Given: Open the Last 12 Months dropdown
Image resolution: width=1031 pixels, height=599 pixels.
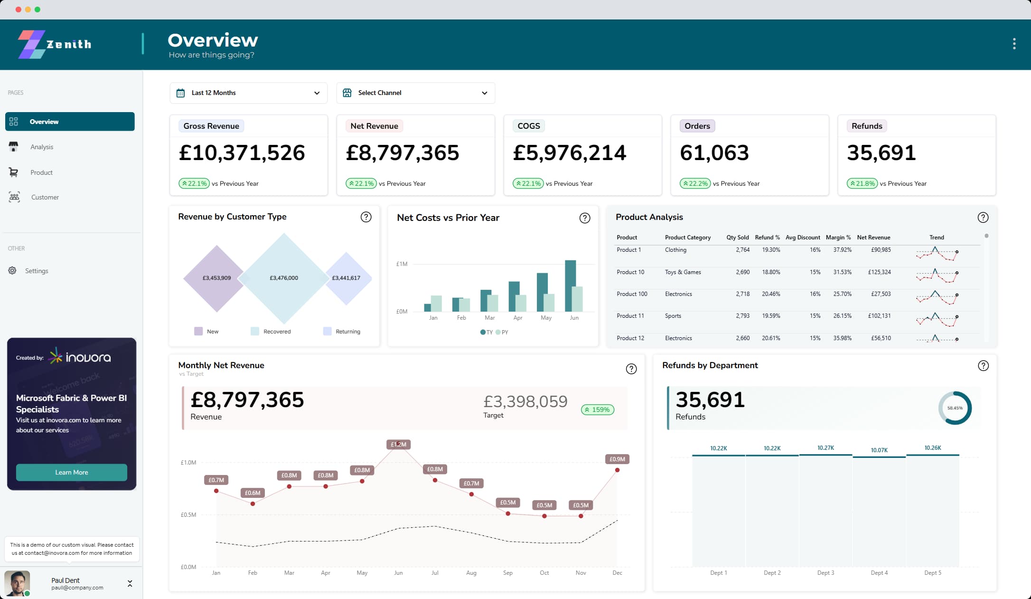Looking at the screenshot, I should click(248, 93).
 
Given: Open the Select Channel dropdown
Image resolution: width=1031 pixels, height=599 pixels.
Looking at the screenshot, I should click(415, 93).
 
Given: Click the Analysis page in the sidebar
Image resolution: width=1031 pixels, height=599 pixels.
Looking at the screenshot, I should click(42, 147).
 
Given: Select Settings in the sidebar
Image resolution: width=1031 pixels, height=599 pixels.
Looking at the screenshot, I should click(37, 271).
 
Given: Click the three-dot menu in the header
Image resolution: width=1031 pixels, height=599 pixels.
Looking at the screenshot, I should click(1014, 44).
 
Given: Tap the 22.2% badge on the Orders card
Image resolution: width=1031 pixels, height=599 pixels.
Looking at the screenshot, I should click(695, 183).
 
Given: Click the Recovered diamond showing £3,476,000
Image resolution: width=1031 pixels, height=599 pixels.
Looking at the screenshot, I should click(284, 278).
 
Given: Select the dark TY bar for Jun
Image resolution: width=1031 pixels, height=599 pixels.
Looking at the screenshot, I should click(570, 285).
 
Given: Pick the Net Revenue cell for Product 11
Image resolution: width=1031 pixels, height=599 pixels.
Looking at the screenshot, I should click(879, 316).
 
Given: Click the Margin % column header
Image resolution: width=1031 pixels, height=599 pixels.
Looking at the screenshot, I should click(838, 238).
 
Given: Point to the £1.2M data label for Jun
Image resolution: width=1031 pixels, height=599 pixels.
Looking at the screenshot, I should click(398, 445).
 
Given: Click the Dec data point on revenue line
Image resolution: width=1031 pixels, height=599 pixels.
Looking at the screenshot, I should click(617, 470).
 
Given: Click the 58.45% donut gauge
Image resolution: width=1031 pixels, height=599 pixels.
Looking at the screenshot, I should click(955, 408).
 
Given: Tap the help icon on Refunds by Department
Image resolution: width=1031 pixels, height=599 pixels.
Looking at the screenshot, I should click(983, 366).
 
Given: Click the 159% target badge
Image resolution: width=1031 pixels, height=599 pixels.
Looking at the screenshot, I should click(597, 410).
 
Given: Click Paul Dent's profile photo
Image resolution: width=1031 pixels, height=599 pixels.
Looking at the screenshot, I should click(17, 583).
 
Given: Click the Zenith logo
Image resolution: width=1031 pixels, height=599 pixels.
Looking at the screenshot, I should click(54, 44).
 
